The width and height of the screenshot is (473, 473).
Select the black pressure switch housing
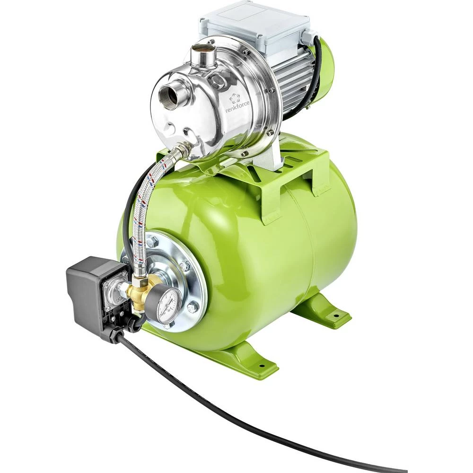[x=90, y=291]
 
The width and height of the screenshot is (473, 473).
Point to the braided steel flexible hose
[x=142, y=213]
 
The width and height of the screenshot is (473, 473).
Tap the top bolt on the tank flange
[x=152, y=242]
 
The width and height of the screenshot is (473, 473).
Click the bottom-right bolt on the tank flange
[x=193, y=308]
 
